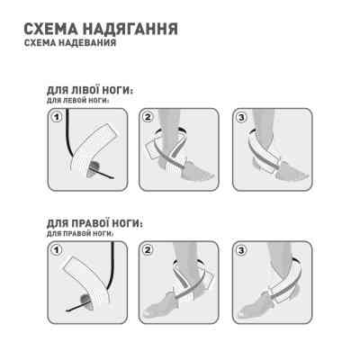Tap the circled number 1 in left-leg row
57,116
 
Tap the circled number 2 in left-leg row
149,116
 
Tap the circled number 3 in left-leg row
241,116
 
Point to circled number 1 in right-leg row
57,248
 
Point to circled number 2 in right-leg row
149,248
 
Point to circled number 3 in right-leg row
241,248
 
